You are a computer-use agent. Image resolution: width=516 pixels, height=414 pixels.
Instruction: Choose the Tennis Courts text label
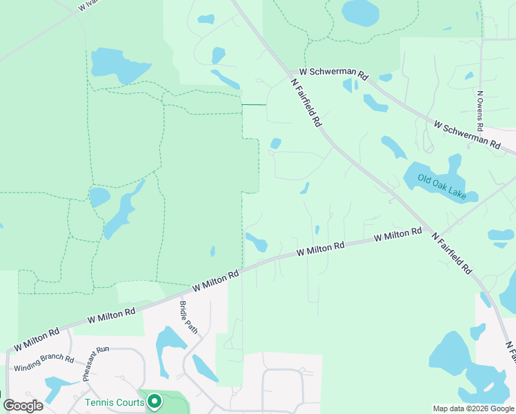click(115, 402)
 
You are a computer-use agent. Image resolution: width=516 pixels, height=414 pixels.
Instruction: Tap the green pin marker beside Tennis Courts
click(155, 400)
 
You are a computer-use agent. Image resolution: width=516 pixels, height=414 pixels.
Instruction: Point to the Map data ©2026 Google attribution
click(474, 408)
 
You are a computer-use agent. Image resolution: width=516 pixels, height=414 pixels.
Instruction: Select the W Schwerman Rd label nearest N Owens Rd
click(466, 135)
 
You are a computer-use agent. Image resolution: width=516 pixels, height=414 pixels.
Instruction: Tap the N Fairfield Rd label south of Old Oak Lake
click(453, 253)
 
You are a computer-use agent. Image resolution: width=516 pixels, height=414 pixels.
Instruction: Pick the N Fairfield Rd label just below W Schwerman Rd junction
click(306, 101)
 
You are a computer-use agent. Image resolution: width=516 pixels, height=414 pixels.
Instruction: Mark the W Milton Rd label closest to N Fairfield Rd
click(398, 235)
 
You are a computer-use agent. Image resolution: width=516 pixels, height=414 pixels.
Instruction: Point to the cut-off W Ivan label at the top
click(86, 6)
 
